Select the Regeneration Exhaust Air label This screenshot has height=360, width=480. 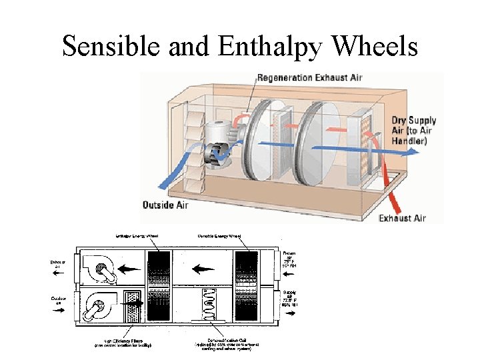tap(311, 78)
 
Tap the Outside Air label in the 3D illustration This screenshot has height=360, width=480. tap(165, 205)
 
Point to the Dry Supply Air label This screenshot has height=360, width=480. tap(413, 131)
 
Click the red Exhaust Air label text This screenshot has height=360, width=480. tap(402, 218)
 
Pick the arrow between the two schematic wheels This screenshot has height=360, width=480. tap(203, 270)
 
